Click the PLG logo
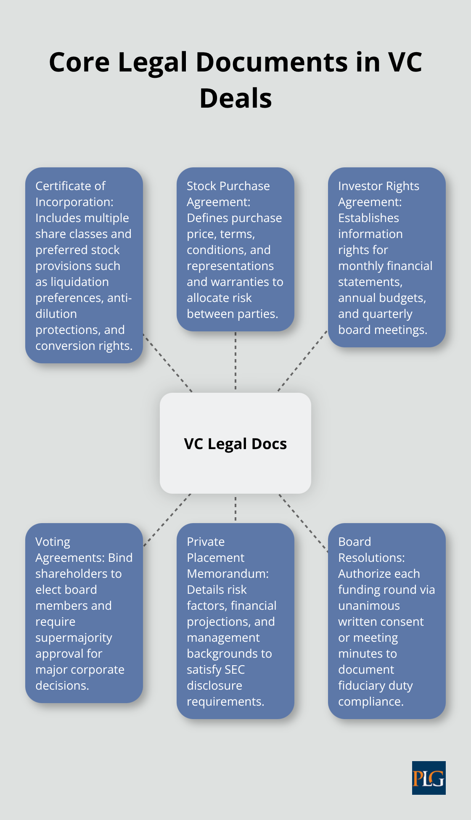429,778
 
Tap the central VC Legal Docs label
235,444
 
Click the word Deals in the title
235,98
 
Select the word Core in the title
79,62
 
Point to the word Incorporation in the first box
74,202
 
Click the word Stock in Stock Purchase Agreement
203,186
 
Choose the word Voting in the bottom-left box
53,542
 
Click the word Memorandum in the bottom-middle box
228,574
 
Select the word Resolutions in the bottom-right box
371,558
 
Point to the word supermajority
74,637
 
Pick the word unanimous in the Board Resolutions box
369,606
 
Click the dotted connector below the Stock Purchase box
235,361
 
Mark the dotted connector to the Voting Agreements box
167,520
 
